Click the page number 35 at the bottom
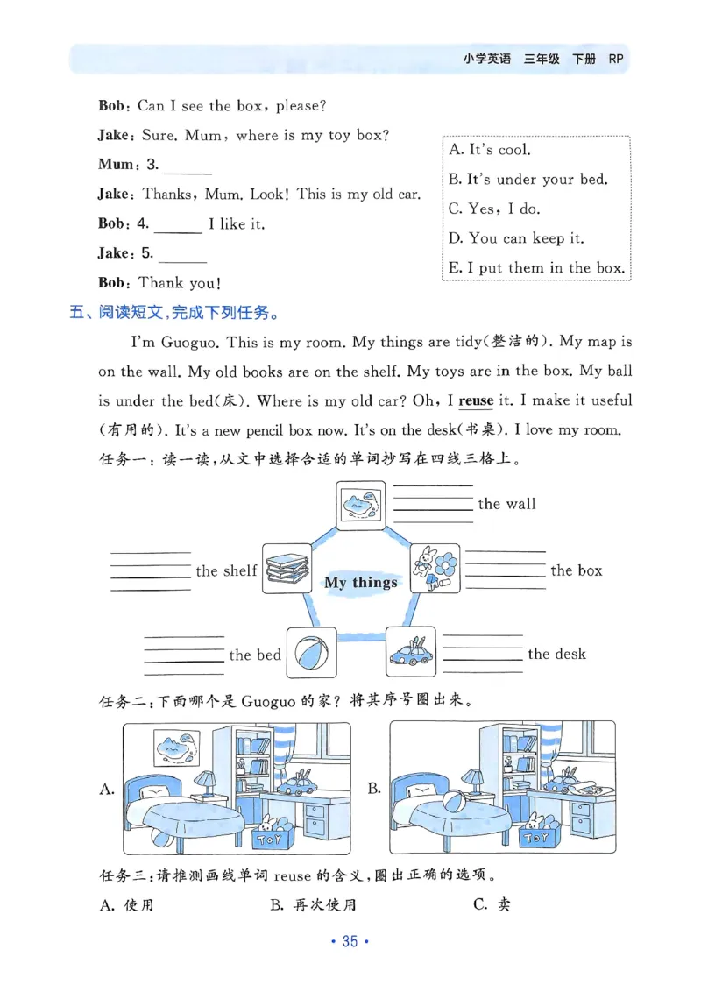pos(350,942)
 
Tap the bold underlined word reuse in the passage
pos(476,401)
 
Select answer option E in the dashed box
pos(536,268)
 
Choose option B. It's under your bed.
pos(528,179)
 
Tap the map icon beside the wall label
pos(362,505)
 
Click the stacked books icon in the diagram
pos(287,569)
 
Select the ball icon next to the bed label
pos(311,652)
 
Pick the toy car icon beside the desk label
pos(411,652)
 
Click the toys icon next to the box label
pos(435,569)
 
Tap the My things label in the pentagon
pos(361,583)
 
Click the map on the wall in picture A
pos(178,747)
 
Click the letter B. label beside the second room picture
pos(374,789)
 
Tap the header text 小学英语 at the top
pos(486,60)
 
